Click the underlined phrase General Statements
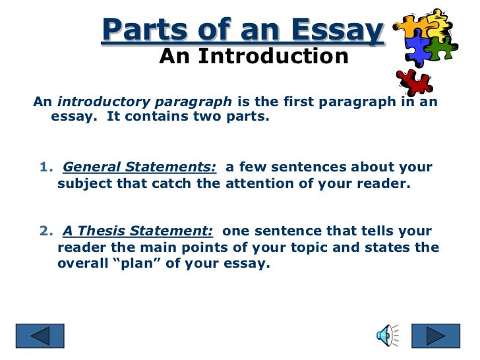[139, 167]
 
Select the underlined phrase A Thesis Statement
[138, 231]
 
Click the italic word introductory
[96, 103]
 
